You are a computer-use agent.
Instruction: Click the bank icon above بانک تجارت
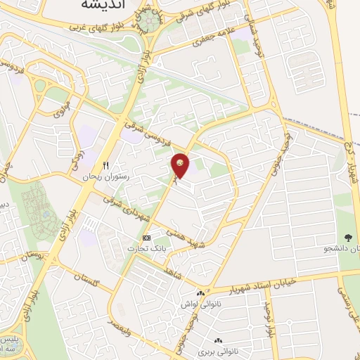[146, 238]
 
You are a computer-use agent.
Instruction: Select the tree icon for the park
[349, 238]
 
